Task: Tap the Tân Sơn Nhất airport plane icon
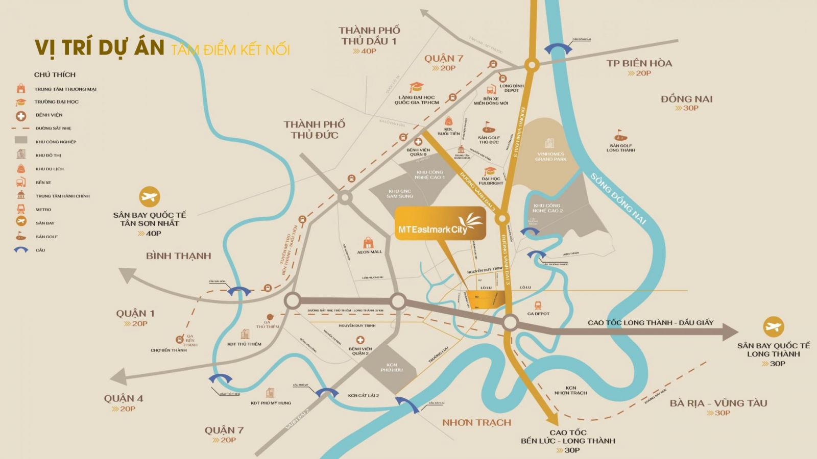point(150,197)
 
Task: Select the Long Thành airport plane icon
point(773,327)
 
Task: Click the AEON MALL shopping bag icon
point(368,242)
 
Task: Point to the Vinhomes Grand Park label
point(550,156)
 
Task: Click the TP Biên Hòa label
point(639,63)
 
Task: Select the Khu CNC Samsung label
point(399,194)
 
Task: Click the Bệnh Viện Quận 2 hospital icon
point(360,340)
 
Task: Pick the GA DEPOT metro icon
point(538,305)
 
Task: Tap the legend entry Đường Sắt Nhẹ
point(53,129)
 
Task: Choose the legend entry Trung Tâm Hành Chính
point(62,196)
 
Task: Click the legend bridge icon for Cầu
point(21,250)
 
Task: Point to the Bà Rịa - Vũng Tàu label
point(718,403)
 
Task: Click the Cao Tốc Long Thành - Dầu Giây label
point(650,323)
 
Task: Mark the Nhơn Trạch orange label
point(476,422)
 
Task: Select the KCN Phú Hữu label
point(392,367)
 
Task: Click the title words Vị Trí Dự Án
point(100,47)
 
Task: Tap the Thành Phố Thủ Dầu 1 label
point(369,36)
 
